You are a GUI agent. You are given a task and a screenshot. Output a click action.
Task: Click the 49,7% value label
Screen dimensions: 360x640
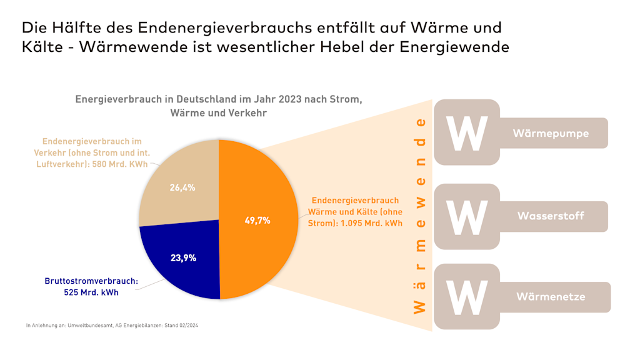point(257,220)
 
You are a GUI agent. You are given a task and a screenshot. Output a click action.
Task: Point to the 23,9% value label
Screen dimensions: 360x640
point(183,257)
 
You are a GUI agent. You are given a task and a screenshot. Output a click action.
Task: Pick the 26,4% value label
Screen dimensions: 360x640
point(182,187)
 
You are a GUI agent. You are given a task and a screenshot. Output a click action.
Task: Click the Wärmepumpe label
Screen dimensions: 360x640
point(551,133)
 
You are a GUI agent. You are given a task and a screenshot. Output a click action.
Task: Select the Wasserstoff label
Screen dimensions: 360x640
point(551,216)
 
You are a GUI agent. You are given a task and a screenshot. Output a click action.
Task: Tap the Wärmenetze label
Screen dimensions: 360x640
point(551,296)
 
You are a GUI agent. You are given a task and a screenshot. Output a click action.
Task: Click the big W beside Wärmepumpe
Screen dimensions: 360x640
point(466,132)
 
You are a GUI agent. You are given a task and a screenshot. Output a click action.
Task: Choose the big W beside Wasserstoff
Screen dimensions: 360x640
point(466,217)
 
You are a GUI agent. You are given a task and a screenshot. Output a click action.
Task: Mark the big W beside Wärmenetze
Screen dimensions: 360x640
point(466,297)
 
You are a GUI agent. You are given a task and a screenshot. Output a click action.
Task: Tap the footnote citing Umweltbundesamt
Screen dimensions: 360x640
point(112,326)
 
